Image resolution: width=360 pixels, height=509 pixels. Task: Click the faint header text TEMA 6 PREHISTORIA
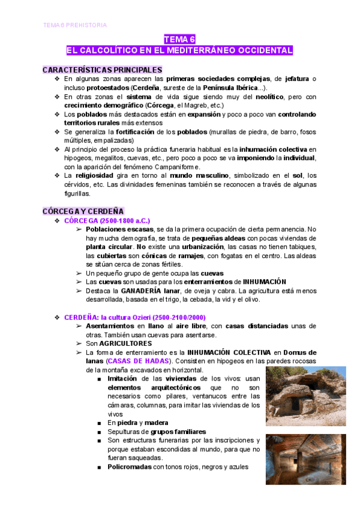click(75, 25)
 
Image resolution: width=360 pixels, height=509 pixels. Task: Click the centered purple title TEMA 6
click(179, 39)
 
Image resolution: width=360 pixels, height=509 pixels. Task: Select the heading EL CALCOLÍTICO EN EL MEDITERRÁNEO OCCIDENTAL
click(179, 50)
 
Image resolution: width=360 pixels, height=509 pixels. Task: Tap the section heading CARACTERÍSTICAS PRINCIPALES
click(103, 70)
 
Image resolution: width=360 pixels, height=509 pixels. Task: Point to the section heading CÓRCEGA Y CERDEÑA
click(83, 211)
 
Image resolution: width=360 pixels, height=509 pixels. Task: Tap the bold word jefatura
click(301, 79)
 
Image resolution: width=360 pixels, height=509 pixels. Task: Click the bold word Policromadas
click(129, 467)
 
